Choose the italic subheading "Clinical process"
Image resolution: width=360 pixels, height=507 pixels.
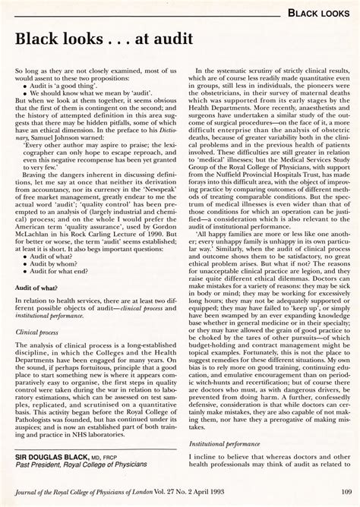click(39, 352)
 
